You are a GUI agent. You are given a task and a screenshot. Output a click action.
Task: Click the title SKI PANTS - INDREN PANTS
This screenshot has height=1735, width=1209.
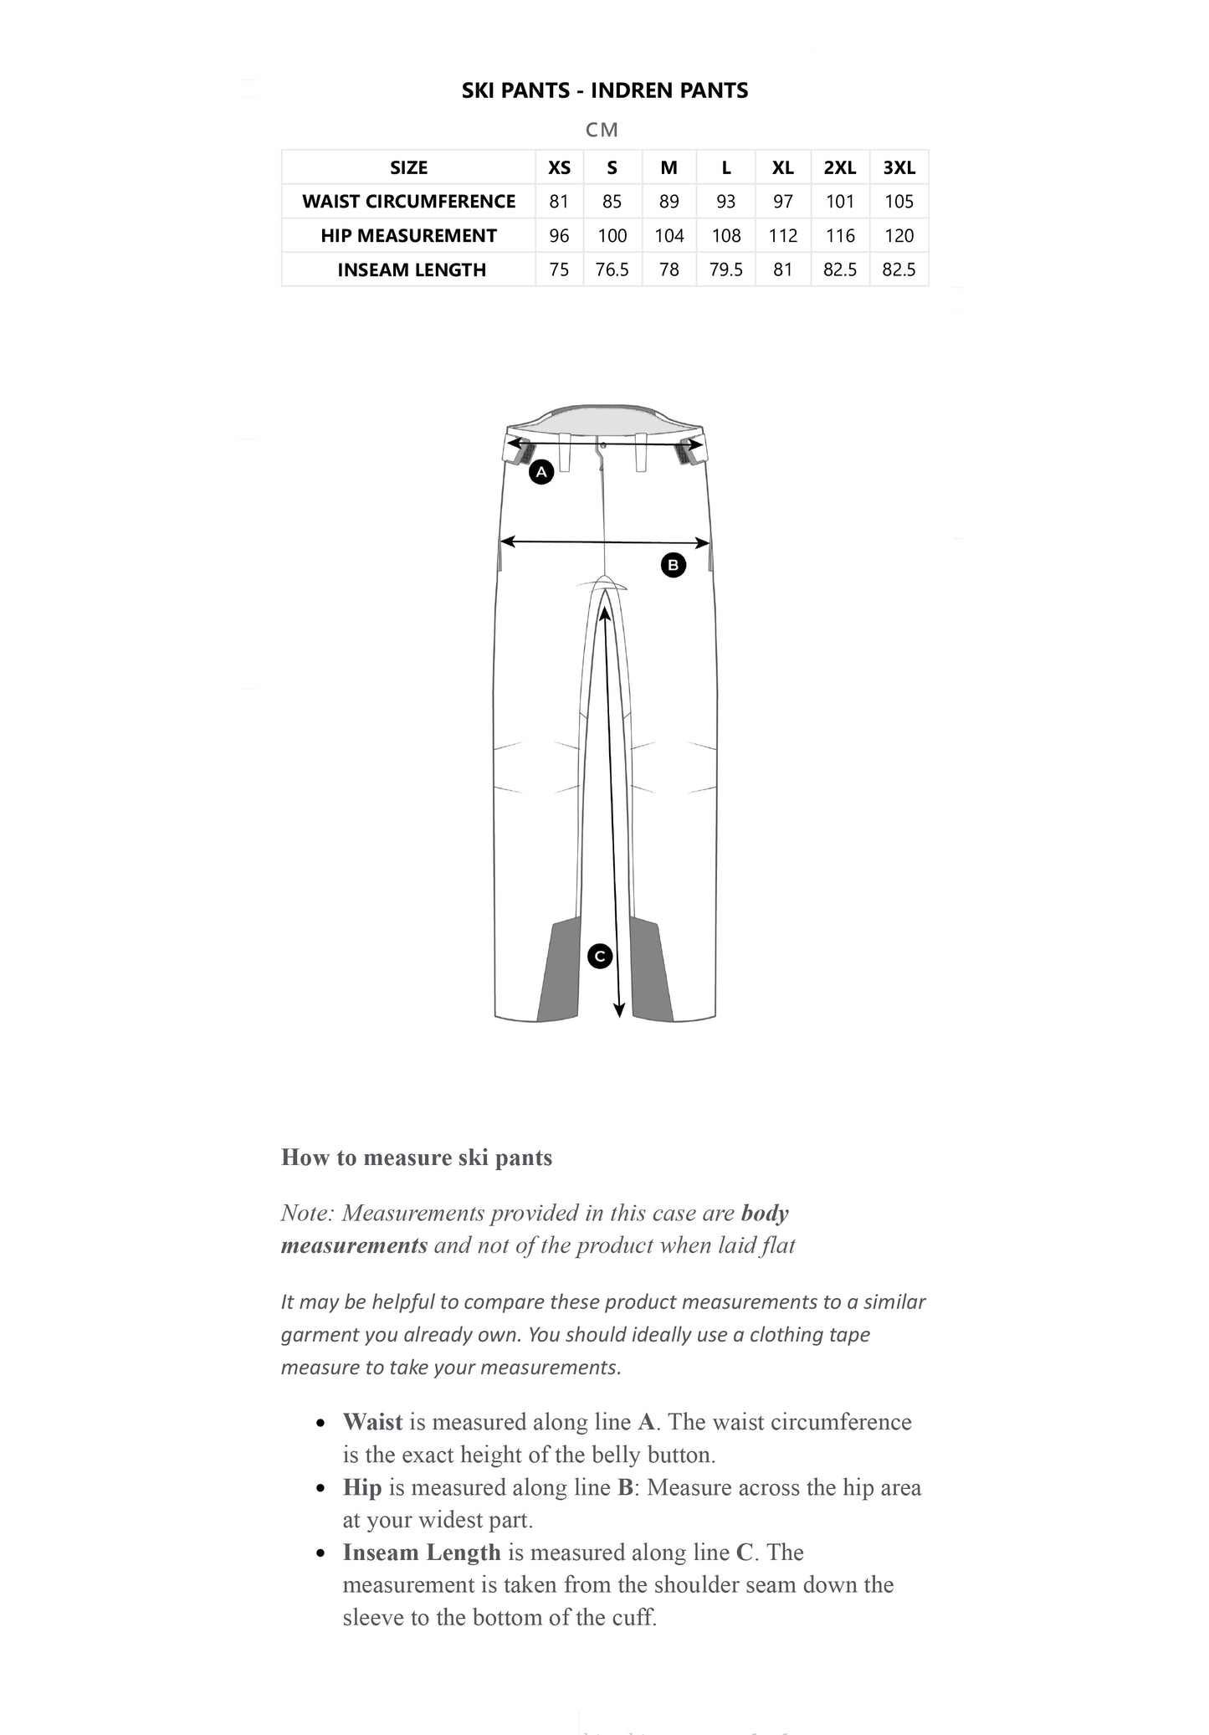[x=604, y=90]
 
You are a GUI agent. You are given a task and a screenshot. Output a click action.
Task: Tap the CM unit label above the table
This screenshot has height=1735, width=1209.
[x=602, y=130]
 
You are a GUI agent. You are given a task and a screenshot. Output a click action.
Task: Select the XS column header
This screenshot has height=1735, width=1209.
[x=559, y=167]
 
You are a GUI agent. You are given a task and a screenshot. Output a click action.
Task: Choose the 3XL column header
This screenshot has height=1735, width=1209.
[x=899, y=167]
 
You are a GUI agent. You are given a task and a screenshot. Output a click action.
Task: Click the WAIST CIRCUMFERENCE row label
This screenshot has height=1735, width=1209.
[x=408, y=202]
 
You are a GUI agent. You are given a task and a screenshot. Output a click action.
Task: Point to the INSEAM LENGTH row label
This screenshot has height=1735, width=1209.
[x=411, y=269]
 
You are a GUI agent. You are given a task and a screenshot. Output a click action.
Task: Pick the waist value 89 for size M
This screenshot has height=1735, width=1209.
[x=669, y=202]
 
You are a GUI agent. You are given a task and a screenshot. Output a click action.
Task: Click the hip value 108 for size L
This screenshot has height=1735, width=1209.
[x=725, y=236]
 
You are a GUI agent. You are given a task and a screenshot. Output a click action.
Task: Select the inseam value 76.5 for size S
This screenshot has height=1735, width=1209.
[x=612, y=269]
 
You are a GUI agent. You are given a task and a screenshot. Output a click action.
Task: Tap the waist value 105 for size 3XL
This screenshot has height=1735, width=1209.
[x=899, y=202]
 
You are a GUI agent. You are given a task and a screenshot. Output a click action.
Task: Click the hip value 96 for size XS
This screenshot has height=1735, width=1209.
[x=559, y=236]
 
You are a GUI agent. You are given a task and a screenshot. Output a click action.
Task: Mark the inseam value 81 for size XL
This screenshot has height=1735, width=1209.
[x=782, y=269]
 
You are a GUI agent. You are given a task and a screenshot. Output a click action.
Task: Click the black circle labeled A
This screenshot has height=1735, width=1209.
[x=541, y=472]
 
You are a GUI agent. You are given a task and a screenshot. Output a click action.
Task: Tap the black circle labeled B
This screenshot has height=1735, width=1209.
[x=673, y=565]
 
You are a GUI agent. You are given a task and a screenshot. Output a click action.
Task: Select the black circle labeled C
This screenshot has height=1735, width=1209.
[x=600, y=956]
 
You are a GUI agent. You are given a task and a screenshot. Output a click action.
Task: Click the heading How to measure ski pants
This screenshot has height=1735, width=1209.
[x=417, y=1158]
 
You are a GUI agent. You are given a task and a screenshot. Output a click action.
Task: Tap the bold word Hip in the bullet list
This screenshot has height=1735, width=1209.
[x=362, y=1487]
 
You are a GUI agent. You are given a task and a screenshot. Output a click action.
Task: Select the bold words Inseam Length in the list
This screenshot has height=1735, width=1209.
[x=421, y=1553]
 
